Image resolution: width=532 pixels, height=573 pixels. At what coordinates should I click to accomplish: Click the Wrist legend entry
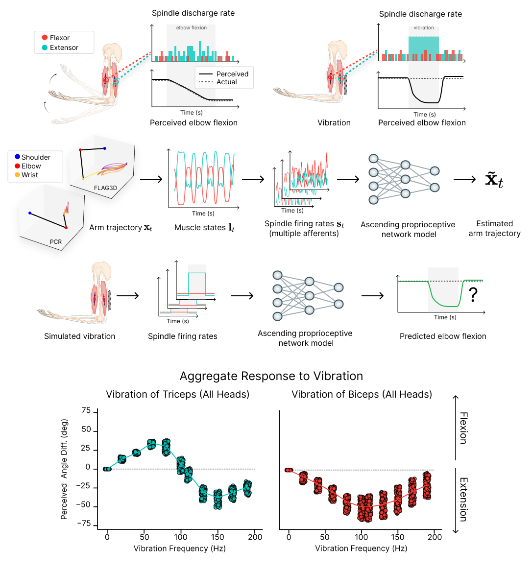(x=29, y=175)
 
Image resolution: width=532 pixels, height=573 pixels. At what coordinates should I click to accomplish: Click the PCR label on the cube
(x=56, y=242)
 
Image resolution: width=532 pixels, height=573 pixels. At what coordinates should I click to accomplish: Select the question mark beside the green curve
(x=473, y=294)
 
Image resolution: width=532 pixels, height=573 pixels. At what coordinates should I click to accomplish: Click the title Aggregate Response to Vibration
(x=271, y=376)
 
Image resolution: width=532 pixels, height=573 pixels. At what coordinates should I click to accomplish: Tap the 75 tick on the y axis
(x=86, y=411)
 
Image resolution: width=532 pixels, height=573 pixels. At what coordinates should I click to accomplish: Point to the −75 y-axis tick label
(x=84, y=524)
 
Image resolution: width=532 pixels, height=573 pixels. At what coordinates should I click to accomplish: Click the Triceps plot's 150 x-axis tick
(x=218, y=537)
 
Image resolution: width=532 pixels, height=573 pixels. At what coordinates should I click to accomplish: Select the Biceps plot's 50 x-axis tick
(x=325, y=537)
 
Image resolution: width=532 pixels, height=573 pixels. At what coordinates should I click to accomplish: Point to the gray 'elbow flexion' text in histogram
(x=192, y=28)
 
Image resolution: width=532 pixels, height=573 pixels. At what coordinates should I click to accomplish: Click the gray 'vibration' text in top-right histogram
(x=424, y=28)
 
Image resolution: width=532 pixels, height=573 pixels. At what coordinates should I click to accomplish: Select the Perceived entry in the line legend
(x=232, y=74)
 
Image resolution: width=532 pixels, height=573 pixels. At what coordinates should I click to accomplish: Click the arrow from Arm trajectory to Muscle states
(x=151, y=179)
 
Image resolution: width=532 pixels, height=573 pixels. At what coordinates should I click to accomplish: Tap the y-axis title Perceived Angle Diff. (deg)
(x=64, y=469)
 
